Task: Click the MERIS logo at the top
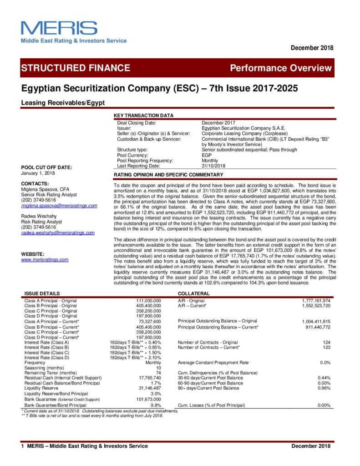click(x=59, y=28)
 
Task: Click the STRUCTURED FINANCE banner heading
click(x=76, y=68)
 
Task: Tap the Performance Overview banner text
click(x=281, y=68)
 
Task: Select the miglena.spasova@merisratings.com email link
click(x=59, y=206)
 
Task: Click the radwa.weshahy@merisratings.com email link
click(x=58, y=233)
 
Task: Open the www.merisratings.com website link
click(x=45, y=259)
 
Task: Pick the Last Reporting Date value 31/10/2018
click(x=213, y=166)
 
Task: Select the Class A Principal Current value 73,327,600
click(x=150, y=321)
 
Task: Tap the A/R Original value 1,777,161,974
click(x=316, y=301)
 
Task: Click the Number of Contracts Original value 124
click(x=326, y=342)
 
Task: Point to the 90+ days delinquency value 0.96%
click(x=324, y=388)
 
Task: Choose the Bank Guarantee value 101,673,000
click(x=148, y=399)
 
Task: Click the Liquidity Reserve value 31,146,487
click(x=149, y=388)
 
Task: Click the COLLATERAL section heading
click(x=193, y=294)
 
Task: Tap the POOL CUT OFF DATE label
click(x=46, y=167)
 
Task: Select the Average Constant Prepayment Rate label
click(x=213, y=362)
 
